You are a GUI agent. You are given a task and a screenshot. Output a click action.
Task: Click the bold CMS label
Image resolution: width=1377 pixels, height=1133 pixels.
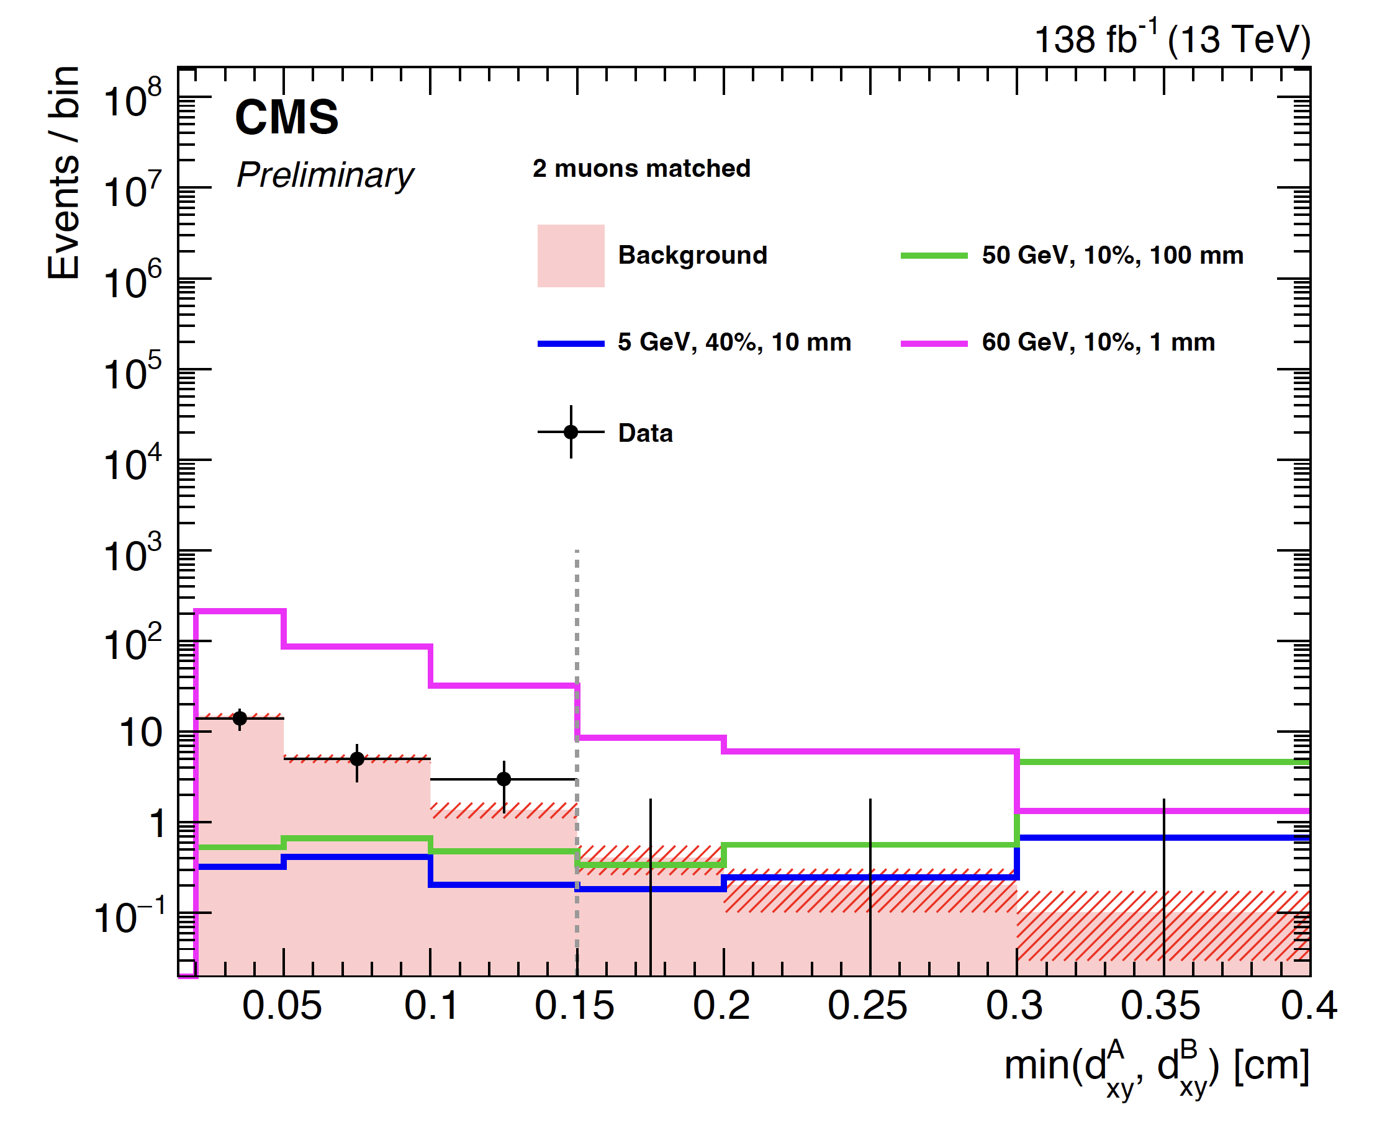tap(286, 117)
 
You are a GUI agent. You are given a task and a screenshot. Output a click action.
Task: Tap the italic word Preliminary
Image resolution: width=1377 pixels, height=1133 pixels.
tap(325, 175)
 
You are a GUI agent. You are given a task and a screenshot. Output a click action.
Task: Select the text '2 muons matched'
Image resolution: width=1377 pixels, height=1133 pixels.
tap(641, 168)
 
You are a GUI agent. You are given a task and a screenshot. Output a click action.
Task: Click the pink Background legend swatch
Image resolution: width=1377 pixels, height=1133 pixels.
tap(570, 255)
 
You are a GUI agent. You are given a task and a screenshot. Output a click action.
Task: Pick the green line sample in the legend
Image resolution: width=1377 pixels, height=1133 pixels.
tap(933, 255)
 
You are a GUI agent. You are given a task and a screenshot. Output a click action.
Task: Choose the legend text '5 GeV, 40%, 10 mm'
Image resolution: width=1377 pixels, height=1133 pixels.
tap(734, 342)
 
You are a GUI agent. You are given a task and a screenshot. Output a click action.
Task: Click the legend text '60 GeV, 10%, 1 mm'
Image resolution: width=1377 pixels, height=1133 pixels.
tap(1098, 342)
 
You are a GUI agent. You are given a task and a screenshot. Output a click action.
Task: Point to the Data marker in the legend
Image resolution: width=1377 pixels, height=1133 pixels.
tap(570, 431)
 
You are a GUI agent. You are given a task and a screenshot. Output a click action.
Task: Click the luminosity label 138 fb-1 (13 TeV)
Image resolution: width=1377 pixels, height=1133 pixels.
tap(1172, 39)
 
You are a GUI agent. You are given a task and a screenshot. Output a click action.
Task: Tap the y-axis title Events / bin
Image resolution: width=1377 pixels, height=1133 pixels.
tap(64, 173)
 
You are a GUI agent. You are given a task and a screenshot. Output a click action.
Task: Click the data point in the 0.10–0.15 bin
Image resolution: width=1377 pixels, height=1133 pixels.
tap(503, 779)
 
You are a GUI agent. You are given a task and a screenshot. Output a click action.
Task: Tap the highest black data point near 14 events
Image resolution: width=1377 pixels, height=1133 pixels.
tap(240, 719)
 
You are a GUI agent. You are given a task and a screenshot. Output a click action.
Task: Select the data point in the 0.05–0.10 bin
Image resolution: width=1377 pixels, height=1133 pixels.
tap(356, 758)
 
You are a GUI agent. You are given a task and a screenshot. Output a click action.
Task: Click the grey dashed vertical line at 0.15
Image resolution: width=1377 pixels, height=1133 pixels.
tap(577, 620)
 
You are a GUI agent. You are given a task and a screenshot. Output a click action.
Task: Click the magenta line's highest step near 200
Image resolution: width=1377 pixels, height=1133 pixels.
tap(240, 611)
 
